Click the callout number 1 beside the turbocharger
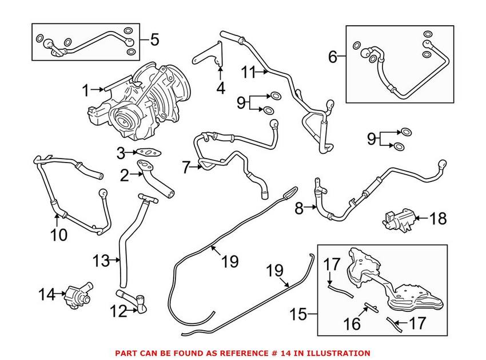[x=86, y=90]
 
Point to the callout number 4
[x=221, y=88]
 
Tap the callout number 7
[x=185, y=168]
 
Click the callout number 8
[x=299, y=209]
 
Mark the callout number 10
[x=59, y=234]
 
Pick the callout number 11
[x=247, y=72]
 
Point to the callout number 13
[x=100, y=261]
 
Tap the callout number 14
[x=46, y=295]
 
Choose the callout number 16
[x=352, y=324]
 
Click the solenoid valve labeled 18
[x=395, y=218]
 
